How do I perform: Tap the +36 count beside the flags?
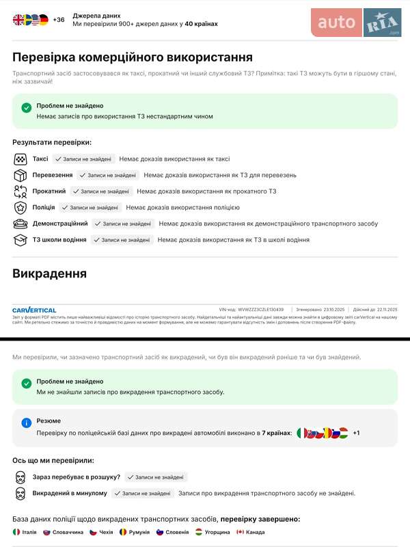coord(59,20)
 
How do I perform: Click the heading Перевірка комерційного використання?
coord(133,57)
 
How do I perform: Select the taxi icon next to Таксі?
coord(20,159)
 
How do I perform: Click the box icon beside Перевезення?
coord(20,175)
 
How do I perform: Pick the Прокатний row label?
coord(49,191)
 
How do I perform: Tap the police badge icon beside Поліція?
coord(20,207)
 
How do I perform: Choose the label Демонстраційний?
coord(60,224)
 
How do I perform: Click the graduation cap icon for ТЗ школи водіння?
coord(20,240)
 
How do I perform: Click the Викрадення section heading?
coord(49,273)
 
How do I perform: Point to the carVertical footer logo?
coord(34,310)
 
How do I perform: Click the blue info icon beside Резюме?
coord(27,423)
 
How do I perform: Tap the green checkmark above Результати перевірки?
coord(27,107)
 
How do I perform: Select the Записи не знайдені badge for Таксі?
coord(83,159)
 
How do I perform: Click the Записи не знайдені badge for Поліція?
coord(90,207)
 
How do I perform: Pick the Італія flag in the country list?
coord(17,532)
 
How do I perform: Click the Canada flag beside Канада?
coord(241,532)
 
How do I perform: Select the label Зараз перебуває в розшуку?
coord(77,477)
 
